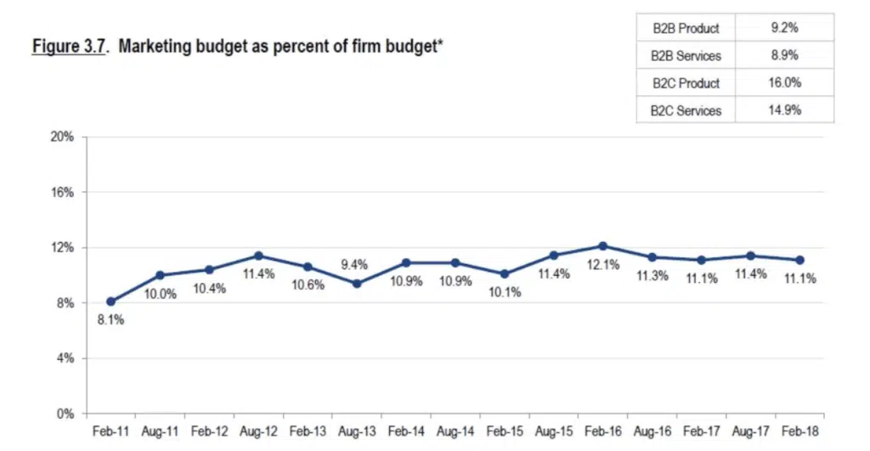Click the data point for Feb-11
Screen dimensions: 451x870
click(111, 302)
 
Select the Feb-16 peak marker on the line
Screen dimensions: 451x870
click(602, 246)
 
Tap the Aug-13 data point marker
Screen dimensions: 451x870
click(357, 284)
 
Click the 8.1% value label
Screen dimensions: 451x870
click(111, 320)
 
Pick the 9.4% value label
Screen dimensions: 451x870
click(355, 265)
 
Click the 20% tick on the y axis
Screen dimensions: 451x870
click(63, 137)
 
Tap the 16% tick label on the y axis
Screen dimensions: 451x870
click(63, 192)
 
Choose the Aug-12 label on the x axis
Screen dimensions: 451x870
click(258, 431)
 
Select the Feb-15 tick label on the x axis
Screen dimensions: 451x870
click(504, 431)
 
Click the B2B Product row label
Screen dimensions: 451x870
click(686, 28)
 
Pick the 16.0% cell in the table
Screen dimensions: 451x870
click(785, 82)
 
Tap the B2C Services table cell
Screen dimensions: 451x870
click(686, 110)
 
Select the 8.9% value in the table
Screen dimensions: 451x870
click(785, 55)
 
